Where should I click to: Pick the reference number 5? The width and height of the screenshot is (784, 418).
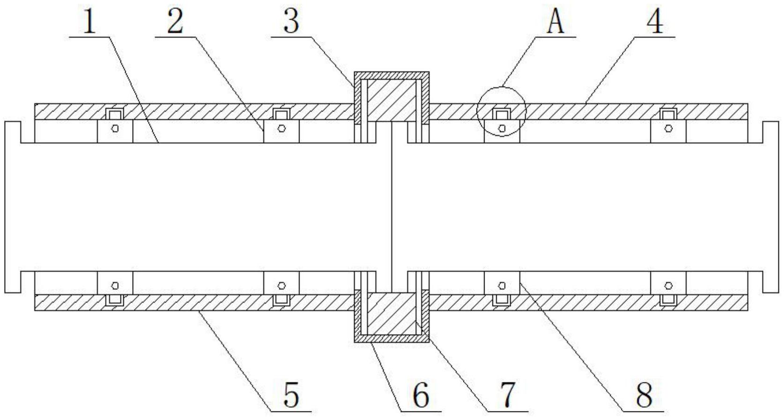[291, 395]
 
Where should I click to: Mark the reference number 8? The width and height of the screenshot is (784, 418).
[644, 395]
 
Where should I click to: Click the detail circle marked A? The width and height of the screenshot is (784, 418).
[501, 111]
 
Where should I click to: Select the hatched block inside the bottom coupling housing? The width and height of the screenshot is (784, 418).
[391, 312]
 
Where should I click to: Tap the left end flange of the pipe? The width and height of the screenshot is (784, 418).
[13, 206]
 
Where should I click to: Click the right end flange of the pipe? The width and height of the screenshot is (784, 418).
[770, 206]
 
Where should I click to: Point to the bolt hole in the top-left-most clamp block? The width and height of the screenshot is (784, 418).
[115, 128]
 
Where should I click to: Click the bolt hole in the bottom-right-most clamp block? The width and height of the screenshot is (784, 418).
[668, 285]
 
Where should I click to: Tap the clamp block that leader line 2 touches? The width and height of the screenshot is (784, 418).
[281, 131]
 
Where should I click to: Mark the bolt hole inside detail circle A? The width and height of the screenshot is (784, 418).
[502, 128]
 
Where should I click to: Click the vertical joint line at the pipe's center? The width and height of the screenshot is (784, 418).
[391, 206]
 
